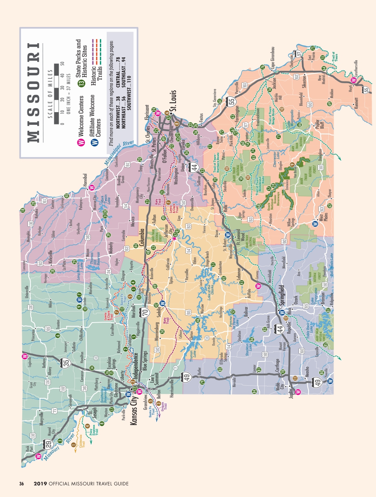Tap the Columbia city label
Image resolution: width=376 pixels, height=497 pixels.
140,234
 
